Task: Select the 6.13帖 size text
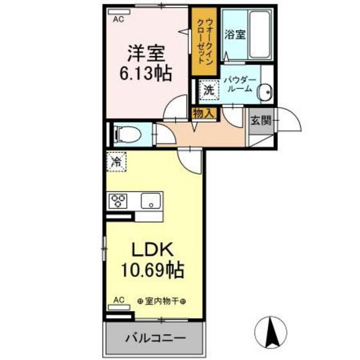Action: [x=145, y=74]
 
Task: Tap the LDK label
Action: [x=152, y=249]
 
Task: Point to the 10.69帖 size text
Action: [x=152, y=269]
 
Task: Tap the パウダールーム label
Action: [x=240, y=84]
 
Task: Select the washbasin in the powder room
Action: [x=264, y=93]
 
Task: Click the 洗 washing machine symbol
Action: [x=209, y=91]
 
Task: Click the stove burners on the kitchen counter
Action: [x=119, y=201]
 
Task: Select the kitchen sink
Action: [x=151, y=201]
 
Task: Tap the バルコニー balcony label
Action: [x=155, y=337]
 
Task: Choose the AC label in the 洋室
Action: [x=118, y=20]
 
